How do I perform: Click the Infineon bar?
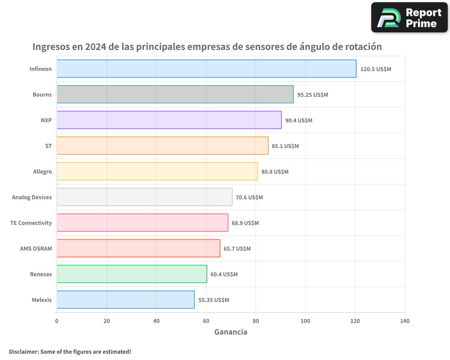[207, 69]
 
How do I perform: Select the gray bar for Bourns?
[175, 94]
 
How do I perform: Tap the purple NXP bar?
[169, 120]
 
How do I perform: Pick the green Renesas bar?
[132, 274]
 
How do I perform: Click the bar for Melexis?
[126, 300]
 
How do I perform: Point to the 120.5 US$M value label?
[376, 69]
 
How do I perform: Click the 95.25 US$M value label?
[313, 95]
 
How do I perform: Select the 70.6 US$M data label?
[249, 198]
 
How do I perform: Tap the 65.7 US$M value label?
[237, 249]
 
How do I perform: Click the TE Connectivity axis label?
[31, 223]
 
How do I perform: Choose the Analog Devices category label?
[32, 198]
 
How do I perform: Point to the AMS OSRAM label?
[36, 249]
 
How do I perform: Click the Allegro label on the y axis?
[42, 172]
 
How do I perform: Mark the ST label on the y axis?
[49, 146]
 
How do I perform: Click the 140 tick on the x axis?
[405, 321]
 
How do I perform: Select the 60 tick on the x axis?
[206, 321]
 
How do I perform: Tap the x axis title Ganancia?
[231, 332]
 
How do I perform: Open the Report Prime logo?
[409, 18]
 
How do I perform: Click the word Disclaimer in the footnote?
[23, 351]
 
